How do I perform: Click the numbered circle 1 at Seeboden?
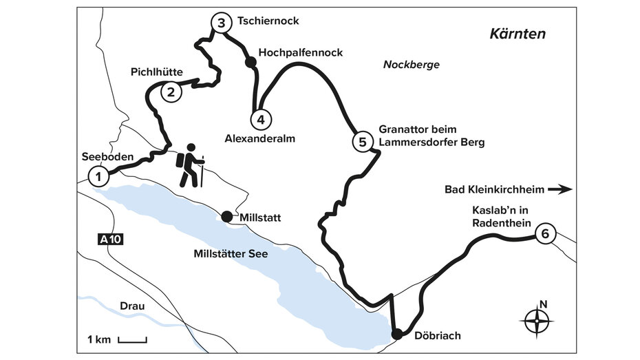click(x=99, y=177)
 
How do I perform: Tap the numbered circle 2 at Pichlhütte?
click(x=171, y=91)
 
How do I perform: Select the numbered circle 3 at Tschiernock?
click(x=220, y=23)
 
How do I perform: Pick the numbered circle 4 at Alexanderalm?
click(x=259, y=120)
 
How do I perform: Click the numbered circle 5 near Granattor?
click(x=362, y=142)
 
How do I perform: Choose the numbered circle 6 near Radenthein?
click(x=544, y=234)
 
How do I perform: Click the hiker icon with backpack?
click(x=190, y=165)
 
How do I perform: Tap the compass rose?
click(x=539, y=321)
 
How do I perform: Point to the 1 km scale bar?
click(x=132, y=339)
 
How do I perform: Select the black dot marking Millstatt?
click(x=226, y=217)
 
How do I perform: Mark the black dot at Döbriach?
click(x=397, y=335)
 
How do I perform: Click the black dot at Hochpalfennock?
click(x=250, y=62)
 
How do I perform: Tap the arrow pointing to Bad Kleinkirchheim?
click(x=564, y=188)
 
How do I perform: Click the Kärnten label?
click(x=516, y=34)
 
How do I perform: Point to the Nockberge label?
click(x=411, y=65)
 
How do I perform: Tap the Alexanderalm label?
click(x=260, y=138)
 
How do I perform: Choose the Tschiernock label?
click(x=268, y=21)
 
